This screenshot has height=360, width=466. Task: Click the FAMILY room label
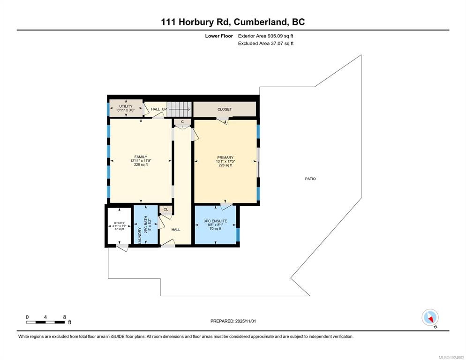(141, 157)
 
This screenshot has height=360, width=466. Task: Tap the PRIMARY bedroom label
(225, 157)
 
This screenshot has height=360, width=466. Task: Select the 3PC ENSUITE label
(216, 221)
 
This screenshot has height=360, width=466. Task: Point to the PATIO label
(310, 179)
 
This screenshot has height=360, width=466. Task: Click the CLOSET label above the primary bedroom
(225, 109)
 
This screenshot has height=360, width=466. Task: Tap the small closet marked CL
(166, 210)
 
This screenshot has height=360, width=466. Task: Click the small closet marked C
(182, 122)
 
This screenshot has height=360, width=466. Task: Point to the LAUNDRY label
(139, 235)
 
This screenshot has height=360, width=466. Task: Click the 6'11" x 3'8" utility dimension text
(126, 110)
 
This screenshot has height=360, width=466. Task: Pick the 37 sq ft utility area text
(120, 229)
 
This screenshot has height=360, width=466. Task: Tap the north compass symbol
(430, 317)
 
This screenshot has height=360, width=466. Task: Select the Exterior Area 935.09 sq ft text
(266, 36)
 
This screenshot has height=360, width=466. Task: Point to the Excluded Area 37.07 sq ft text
(266, 44)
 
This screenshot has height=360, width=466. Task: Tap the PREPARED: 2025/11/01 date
(233, 321)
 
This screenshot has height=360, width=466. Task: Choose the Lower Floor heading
(219, 36)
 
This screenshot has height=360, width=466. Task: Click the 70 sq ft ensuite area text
(216, 229)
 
